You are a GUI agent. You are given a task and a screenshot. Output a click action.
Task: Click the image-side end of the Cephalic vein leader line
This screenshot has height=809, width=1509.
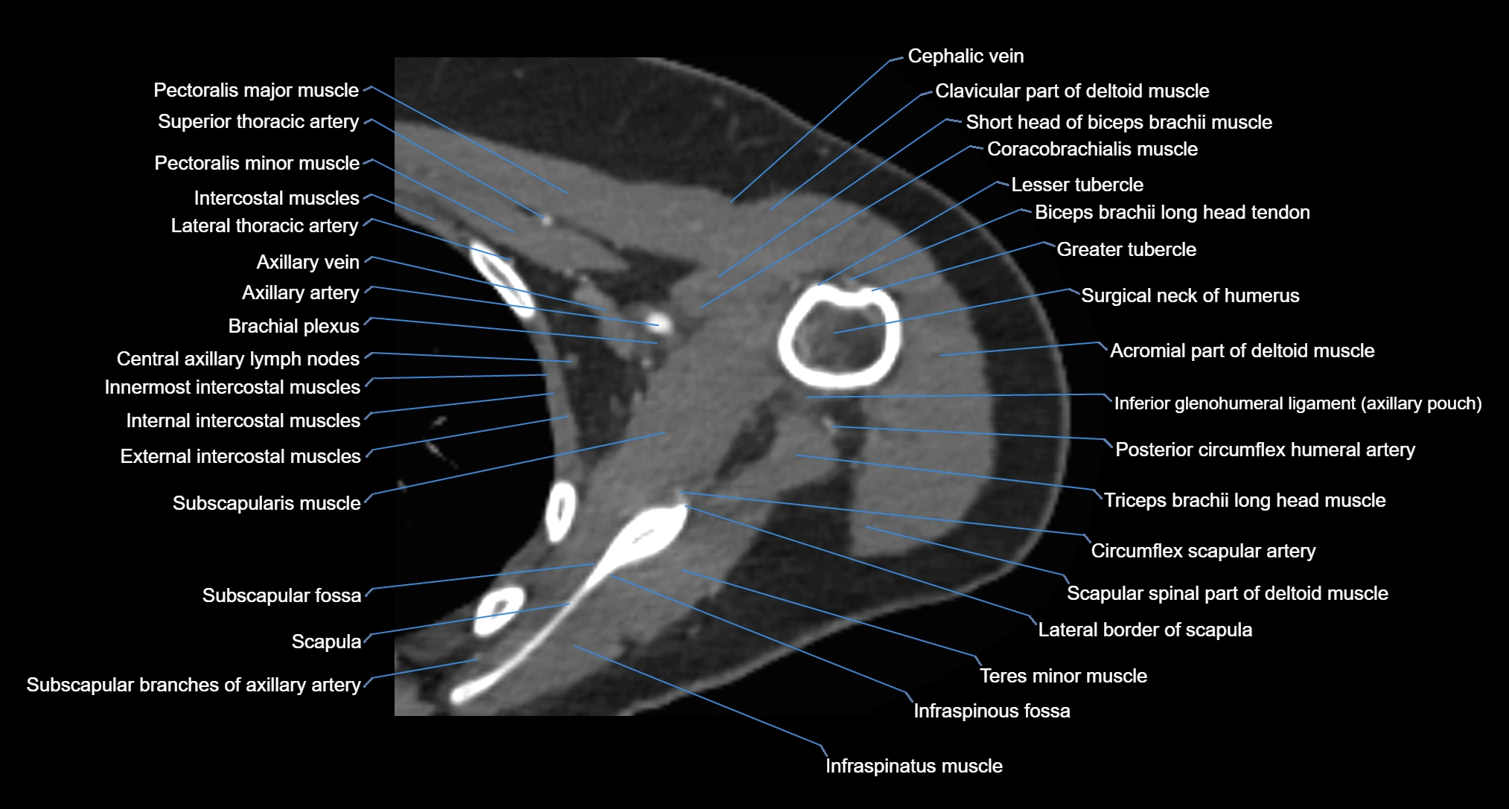click(731, 202)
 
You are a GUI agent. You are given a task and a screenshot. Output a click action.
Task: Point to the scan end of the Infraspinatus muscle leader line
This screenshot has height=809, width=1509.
click(574, 646)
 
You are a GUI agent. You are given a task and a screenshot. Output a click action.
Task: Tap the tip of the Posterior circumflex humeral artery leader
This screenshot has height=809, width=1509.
click(833, 426)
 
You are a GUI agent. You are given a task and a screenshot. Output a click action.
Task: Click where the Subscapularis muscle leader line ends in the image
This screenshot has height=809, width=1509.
click(665, 432)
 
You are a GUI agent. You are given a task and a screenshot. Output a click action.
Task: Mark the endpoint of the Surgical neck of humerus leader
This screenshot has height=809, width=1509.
click(835, 333)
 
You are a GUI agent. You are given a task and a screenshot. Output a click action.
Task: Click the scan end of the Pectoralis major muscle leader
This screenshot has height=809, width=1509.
click(569, 194)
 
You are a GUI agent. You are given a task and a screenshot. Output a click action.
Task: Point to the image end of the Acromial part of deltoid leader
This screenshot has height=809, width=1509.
click(939, 355)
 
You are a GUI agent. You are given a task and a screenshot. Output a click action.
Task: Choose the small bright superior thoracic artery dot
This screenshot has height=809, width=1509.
click(547, 220)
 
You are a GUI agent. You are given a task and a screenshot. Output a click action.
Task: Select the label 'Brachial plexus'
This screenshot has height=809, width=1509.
click(293, 326)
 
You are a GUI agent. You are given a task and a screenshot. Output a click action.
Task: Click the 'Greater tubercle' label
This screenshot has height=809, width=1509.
click(1126, 249)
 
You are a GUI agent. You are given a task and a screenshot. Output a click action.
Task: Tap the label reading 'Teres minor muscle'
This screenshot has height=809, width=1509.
click(1063, 676)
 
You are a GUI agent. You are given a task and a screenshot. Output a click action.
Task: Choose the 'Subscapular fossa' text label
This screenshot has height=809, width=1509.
click(281, 595)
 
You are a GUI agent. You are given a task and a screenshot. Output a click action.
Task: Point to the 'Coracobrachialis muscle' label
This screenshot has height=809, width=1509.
click(1092, 149)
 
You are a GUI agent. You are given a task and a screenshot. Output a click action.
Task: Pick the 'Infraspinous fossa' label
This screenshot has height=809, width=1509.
click(992, 711)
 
